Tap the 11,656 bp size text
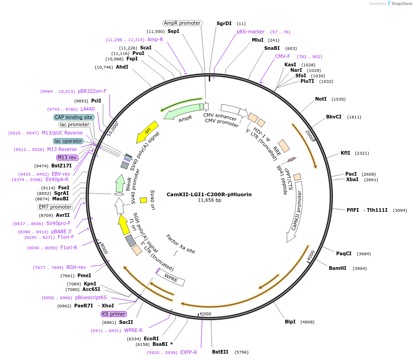coord(209,200)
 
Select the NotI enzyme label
coord(321,99)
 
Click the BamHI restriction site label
coord(338,268)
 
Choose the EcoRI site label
coord(151,339)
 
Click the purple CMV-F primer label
coord(283,57)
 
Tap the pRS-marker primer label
coord(251,32)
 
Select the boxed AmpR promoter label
coord(182,23)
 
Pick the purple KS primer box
coord(114,314)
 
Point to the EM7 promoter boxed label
coord(55,207)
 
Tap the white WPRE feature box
coord(171,279)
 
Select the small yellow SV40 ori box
coord(143,200)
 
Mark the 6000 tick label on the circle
coord(205,314)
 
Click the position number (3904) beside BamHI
coord(360,269)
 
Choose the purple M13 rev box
coord(67,157)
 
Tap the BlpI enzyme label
coord(290,322)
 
